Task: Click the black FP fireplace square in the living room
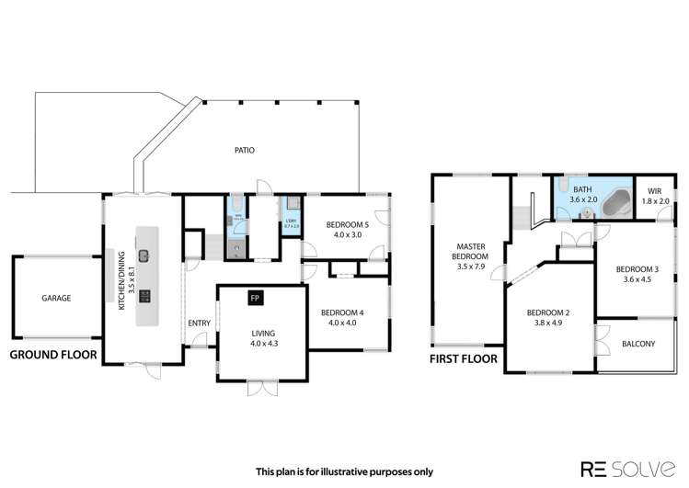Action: [x=254, y=299]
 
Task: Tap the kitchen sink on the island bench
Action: [x=144, y=255]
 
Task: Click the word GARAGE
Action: [x=56, y=298]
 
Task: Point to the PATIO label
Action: [x=244, y=150]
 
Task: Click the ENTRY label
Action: [x=199, y=323]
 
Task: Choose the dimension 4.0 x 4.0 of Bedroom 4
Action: [x=343, y=323]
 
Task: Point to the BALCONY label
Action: [x=638, y=344]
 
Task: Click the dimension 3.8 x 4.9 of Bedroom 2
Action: [x=549, y=323]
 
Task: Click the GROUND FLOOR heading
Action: [x=52, y=354]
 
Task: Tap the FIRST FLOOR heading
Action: [x=463, y=359]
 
